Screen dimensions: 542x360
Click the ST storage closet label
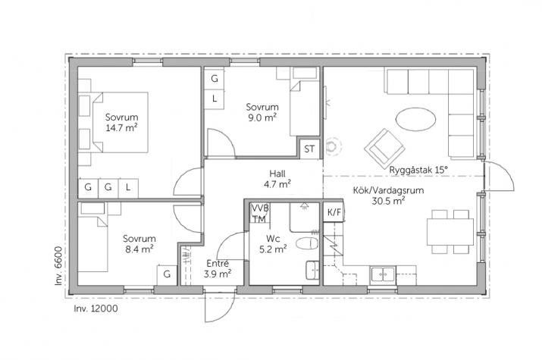point(309,149)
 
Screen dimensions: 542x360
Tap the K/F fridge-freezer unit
point(334,212)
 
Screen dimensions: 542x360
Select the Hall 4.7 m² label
point(277,179)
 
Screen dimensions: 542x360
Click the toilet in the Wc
point(307,243)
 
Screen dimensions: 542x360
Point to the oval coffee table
point(415,119)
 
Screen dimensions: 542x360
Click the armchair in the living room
point(384,149)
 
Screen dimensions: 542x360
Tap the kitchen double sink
point(383,275)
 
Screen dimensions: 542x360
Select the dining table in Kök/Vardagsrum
point(450,232)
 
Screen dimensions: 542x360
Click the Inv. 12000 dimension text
point(96,308)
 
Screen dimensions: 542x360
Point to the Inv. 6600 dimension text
point(58,266)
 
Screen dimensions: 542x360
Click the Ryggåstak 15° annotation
point(418,170)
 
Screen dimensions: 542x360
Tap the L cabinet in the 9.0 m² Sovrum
point(215,99)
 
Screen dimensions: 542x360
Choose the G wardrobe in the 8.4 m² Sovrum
point(167,274)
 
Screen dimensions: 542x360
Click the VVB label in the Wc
point(259,208)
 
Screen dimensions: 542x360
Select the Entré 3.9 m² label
point(218,268)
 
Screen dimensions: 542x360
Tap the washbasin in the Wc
point(312,270)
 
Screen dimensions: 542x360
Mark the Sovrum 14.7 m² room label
point(121,122)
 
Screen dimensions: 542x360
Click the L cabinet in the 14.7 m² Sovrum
point(128,188)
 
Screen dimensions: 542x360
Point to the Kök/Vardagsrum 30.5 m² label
point(388,196)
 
